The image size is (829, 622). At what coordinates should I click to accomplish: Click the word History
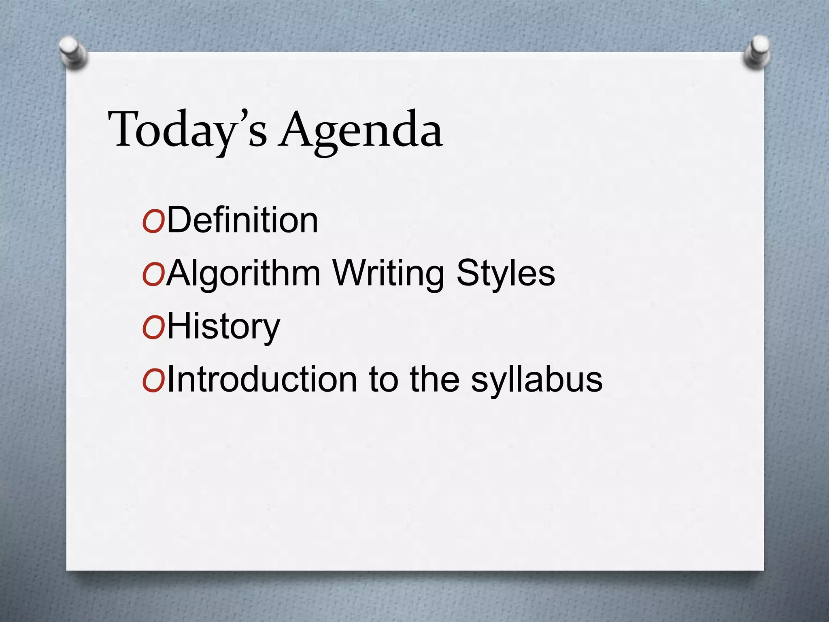click(x=223, y=327)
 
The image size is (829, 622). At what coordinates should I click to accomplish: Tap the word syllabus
click(x=537, y=381)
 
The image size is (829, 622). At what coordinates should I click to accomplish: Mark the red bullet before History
click(x=153, y=328)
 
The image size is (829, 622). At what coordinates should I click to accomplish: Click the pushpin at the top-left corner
click(x=72, y=52)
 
